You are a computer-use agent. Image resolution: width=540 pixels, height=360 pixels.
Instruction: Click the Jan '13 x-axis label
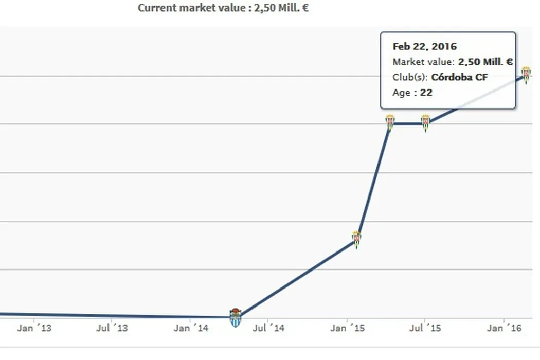point(34,328)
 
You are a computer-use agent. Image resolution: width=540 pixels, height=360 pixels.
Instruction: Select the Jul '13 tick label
point(112,328)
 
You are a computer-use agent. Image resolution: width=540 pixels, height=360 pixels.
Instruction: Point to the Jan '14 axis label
point(191,328)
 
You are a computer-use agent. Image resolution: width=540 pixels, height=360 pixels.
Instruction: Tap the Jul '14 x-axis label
point(268,328)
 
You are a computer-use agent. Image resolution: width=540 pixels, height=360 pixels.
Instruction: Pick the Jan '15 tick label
point(348,328)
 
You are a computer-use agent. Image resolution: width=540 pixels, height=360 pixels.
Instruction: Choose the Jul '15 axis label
point(425,328)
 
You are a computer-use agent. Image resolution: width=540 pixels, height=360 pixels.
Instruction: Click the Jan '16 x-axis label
point(503,328)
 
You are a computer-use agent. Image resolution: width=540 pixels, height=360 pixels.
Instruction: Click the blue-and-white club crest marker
point(235,317)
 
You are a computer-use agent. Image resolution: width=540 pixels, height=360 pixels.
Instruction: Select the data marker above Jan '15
point(356,240)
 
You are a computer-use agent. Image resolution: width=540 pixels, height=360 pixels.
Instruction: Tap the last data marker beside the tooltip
point(526,74)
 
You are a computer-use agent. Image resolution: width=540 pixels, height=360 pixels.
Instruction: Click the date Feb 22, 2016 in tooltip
point(424,46)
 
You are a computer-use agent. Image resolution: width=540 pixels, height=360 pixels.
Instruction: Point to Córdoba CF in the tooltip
point(459,77)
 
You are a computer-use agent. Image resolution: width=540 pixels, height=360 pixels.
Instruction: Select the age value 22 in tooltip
point(426,93)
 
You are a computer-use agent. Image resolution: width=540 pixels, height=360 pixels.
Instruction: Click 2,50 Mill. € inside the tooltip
point(485,62)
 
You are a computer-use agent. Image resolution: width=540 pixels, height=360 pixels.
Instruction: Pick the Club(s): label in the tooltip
point(410,77)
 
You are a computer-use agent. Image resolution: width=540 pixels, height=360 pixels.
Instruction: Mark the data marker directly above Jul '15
point(425,123)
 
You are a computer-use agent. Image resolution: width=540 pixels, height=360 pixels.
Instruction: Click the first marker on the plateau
point(390,123)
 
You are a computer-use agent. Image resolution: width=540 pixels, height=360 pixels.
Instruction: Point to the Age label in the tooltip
point(401,93)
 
